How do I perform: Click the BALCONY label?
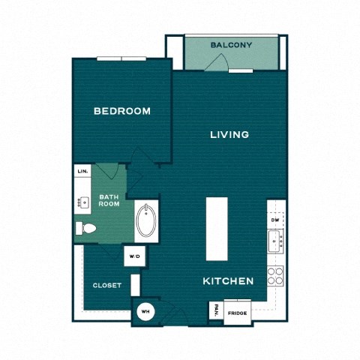[x=231, y=45]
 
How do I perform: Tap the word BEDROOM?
[x=121, y=111]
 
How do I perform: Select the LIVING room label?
[x=229, y=135]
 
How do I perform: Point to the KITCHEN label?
[x=228, y=281]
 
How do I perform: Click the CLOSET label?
[x=107, y=285]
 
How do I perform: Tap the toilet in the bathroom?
[x=85, y=229]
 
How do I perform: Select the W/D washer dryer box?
[x=134, y=256]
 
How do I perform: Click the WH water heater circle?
[x=145, y=311]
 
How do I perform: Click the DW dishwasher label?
[x=275, y=220]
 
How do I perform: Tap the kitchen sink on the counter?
[x=275, y=241]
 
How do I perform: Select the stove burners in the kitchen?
[x=275, y=274]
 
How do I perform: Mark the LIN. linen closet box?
[x=82, y=172]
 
